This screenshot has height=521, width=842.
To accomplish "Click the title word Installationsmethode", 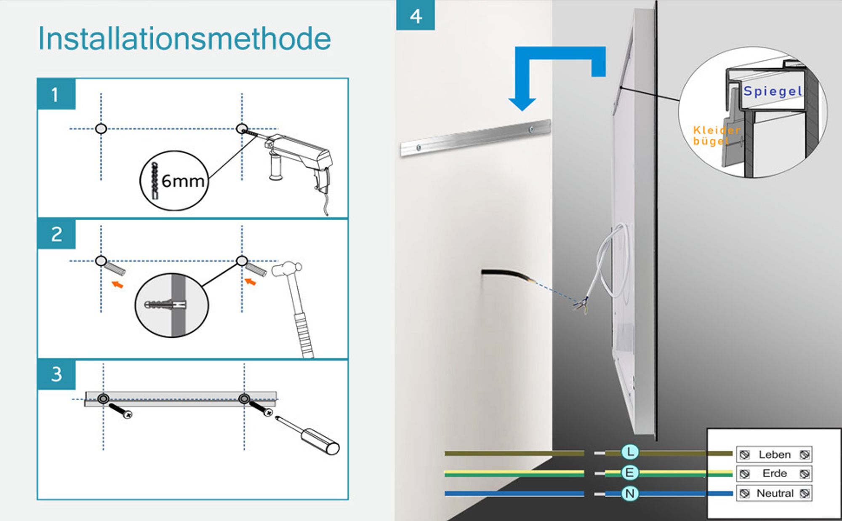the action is click(184, 38).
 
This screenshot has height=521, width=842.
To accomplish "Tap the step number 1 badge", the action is click(56, 94).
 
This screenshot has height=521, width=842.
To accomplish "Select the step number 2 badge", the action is click(56, 234).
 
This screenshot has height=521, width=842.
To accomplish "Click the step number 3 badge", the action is click(56, 374).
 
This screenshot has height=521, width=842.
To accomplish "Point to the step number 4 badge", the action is click(416, 15).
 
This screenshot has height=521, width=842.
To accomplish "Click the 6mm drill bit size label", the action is click(183, 181).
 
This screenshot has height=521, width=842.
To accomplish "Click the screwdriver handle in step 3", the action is click(322, 441).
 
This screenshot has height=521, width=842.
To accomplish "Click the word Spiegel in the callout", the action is click(773, 91).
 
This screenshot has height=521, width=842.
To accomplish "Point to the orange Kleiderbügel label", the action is click(716, 135).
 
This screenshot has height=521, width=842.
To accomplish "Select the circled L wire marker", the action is click(630, 452).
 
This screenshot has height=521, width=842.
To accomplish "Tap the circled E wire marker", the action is click(630, 473).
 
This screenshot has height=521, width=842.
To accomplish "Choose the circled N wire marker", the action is click(630, 494).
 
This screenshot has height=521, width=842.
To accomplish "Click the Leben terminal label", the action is click(775, 454).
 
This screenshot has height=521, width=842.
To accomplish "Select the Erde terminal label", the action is click(775, 473).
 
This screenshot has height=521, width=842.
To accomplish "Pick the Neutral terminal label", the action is click(775, 493).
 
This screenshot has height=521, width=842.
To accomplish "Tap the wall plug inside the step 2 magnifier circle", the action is click(165, 304).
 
